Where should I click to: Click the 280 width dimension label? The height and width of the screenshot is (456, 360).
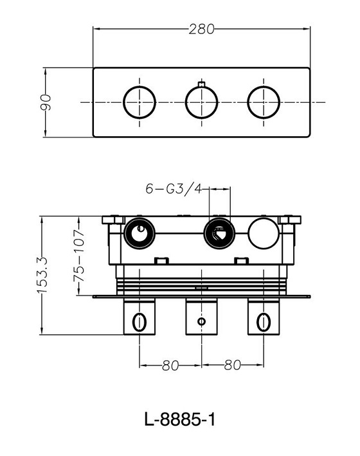pos(201,29)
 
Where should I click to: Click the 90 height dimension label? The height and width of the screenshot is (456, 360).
pos(46,102)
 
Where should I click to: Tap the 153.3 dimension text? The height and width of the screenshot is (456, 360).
pos(42,275)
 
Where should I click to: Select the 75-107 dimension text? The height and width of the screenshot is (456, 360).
pos(79,256)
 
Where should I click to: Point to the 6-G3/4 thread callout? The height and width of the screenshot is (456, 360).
pos(174,189)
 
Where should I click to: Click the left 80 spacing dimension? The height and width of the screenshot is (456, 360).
pos(170,365)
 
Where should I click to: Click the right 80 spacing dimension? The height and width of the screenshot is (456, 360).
pos(233,365)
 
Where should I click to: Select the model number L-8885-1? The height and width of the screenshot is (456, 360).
pos(180,419)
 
